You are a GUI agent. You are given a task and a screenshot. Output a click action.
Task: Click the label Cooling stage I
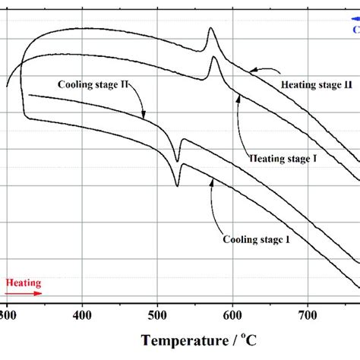point(256,239)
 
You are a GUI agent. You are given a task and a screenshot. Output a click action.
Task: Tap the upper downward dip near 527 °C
point(178,160)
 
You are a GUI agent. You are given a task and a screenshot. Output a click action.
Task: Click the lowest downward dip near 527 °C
point(178,185)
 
